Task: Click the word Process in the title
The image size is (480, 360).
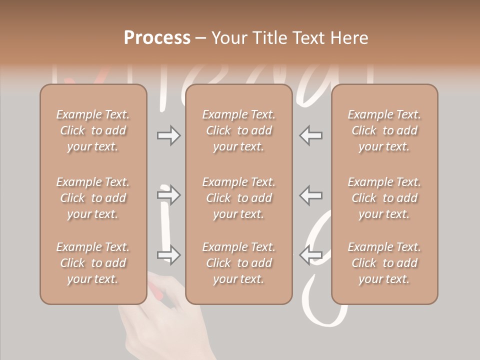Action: point(157,38)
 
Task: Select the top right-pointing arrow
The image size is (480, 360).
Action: point(168,135)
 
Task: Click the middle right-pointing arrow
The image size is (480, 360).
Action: point(168,195)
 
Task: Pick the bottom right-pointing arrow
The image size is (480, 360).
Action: point(168,255)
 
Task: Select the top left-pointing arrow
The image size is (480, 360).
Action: point(311,135)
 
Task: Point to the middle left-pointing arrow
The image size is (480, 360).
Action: point(311,195)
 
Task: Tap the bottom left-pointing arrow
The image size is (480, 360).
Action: point(311,255)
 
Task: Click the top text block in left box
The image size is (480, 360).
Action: point(93,130)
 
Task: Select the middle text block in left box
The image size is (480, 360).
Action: point(93,198)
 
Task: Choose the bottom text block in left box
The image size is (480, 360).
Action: point(93,263)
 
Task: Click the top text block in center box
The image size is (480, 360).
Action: point(238,130)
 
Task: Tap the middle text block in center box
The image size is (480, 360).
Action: point(238,198)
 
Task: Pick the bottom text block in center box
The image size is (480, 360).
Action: point(238,263)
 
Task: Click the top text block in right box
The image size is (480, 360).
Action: point(384,130)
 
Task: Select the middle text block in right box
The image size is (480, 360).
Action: point(384,198)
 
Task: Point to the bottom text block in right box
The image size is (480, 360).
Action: point(384,263)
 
